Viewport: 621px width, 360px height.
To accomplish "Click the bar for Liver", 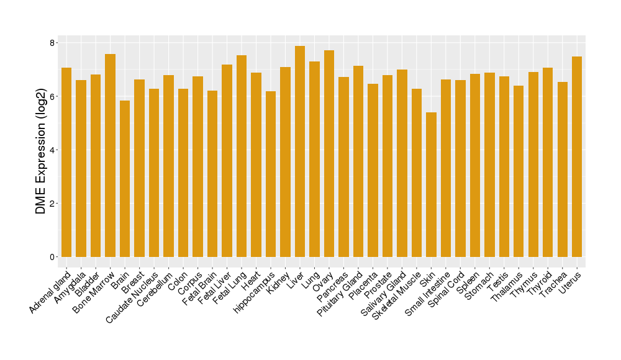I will pos(300,151).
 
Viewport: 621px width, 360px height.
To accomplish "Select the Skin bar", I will pos(431,184).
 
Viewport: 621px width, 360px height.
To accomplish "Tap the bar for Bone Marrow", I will pos(110,155).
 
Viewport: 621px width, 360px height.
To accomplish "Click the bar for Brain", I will pos(125,179).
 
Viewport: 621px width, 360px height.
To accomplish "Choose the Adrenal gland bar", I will pos(66,162).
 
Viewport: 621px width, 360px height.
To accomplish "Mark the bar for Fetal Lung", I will pos(242,156).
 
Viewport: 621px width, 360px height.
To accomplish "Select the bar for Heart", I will pos(256,164).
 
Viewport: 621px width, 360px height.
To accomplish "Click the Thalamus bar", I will pos(519,171).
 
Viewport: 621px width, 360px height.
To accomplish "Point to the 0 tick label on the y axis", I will pos(53,257).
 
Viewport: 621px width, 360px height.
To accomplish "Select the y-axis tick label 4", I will pos(53,150).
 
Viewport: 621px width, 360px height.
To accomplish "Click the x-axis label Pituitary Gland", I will pos(340,294).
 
